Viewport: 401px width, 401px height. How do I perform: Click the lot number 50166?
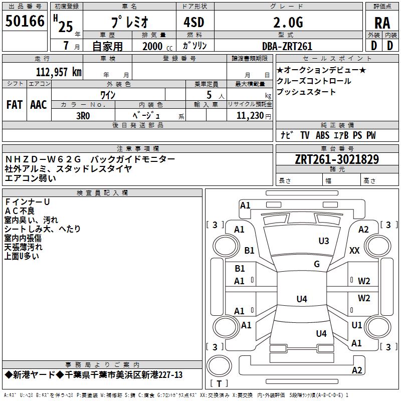tap(25, 21)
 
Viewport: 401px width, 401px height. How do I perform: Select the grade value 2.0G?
tap(288, 22)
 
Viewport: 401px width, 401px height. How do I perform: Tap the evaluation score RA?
tap(382, 23)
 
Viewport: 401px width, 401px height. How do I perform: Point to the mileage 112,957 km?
tap(59, 72)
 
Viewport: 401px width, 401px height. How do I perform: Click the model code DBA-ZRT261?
tap(287, 46)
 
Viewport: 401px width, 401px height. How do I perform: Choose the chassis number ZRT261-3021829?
tap(337, 159)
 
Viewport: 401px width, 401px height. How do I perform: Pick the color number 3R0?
tap(83, 116)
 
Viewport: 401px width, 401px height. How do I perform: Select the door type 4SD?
tap(194, 22)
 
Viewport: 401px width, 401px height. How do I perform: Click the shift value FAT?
tap(15, 105)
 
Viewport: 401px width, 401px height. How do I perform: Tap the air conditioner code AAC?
tap(39, 105)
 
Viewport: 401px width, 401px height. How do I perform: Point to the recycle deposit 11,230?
tap(250, 116)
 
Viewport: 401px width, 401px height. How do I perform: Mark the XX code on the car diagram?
tap(354, 250)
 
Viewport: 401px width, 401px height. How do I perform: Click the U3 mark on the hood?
tap(324, 241)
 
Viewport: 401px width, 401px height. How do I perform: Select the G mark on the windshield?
tap(317, 264)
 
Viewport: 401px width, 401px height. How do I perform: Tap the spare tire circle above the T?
tap(219, 366)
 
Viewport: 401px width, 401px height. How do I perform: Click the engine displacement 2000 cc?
tap(157, 46)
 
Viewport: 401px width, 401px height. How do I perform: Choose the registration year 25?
tap(66, 27)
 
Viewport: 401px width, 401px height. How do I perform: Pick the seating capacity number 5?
tap(209, 95)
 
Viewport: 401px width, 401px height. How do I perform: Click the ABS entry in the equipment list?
tap(322, 135)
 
